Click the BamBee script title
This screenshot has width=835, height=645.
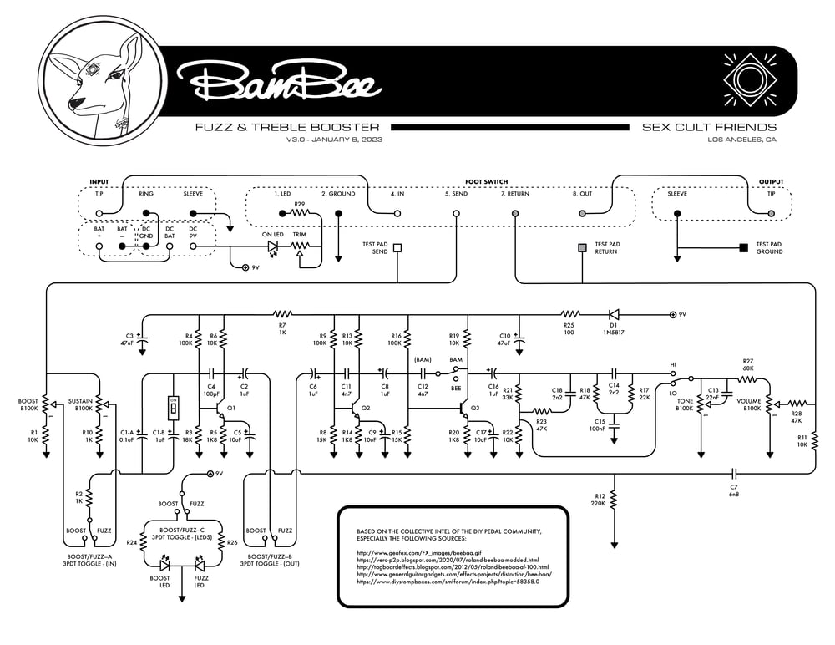[276, 81]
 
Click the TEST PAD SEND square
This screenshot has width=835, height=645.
[397, 247]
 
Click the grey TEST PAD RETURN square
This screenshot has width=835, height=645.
[583, 248]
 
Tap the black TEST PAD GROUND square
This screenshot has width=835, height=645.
[742, 247]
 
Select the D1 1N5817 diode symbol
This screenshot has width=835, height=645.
[614, 315]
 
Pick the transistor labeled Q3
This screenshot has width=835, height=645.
[463, 411]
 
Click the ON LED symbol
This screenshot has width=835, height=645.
[273, 248]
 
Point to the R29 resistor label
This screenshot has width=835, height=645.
[299, 204]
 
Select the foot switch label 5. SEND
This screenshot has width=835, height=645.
[456, 194]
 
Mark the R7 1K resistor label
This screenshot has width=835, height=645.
[282, 328]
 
